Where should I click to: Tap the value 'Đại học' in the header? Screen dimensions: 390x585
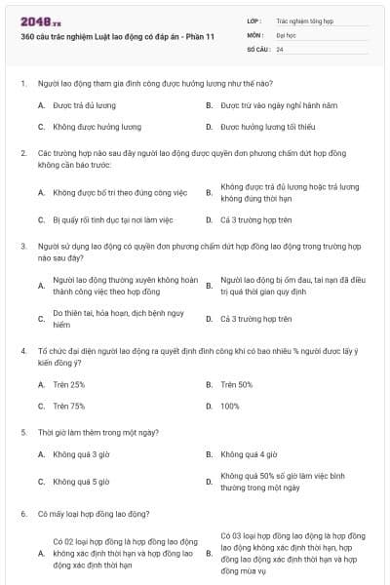287,34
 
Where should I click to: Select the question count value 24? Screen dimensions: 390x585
281,49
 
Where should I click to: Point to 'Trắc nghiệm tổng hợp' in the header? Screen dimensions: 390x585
304,19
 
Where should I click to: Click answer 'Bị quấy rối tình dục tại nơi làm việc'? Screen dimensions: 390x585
113,219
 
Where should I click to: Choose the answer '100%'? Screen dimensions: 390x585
230,406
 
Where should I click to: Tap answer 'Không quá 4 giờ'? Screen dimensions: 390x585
250,454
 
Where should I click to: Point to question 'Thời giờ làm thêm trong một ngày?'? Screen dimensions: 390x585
99,431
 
